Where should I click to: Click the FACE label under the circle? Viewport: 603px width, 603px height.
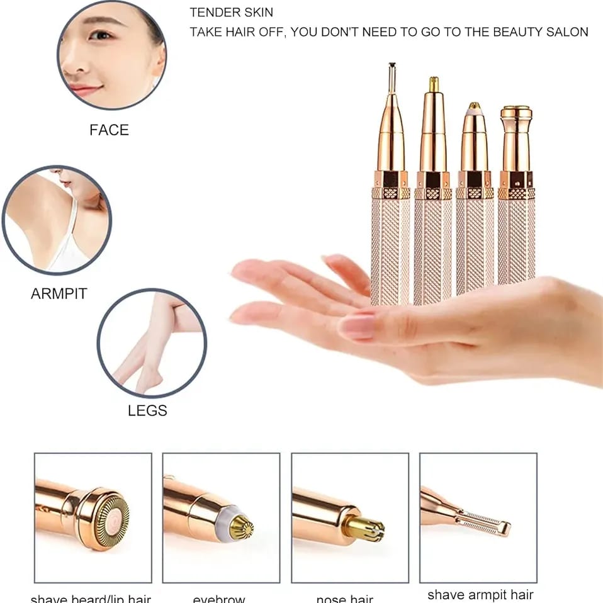pyautogui.click(x=109, y=130)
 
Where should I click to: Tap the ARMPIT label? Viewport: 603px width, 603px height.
pyautogui.click(x=59, y=294)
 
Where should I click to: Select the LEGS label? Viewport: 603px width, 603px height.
pyautogui.click(x=147, y=411)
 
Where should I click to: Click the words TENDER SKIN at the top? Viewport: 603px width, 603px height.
pyautogui.click(x=232, y=13)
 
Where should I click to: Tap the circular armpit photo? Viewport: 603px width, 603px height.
pyautogui.click(x=57, y=220)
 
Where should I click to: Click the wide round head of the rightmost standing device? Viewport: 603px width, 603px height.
pyautogui.click(x=516, y=114)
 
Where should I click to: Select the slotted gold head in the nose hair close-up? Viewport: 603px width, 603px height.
pyautogui.click(x=364, y=529)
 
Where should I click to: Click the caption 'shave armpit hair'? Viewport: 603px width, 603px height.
pyautogui.click(x=480, y=594)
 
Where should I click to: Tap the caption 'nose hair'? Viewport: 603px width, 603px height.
pyautogui.click(x=344, y=599)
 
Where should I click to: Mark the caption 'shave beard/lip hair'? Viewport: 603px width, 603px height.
pyautogui.click(x=91, y=599)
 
